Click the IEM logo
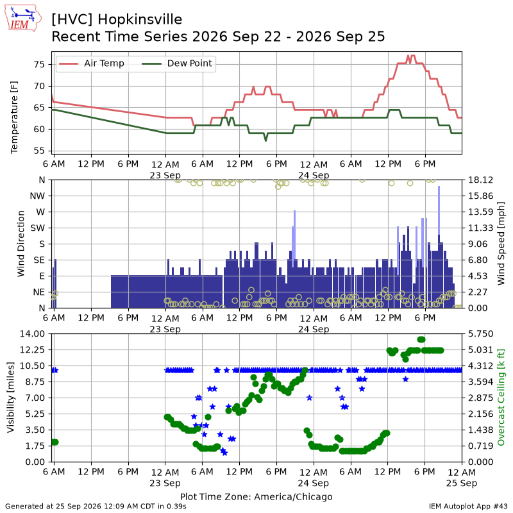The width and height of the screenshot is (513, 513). coord(22,18)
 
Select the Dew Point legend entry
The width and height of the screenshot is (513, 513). coord(177,63)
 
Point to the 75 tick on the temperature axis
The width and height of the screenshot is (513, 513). coord(39,65)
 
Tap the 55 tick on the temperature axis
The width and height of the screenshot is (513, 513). coord(39,151)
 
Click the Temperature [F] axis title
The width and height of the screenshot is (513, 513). coord(14,117)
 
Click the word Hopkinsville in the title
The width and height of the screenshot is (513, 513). coord(140,19)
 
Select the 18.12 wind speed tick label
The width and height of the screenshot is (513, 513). coord(480,180)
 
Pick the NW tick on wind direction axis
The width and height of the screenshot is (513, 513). coord(37,196)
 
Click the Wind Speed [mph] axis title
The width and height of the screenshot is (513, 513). coord(501,244)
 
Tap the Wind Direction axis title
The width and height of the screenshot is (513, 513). coord(21,244)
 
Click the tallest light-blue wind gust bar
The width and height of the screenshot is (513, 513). coord(439,210)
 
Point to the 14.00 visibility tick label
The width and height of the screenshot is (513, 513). coord(32,333)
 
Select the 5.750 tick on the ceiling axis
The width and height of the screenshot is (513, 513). coord(480,333)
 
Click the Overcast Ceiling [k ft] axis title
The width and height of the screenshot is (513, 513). coord(501,397)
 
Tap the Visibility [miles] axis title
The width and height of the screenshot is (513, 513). coord(11,398)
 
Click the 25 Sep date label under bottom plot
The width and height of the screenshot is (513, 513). coord(462,483)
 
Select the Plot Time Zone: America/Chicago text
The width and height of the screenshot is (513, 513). coord(256,496)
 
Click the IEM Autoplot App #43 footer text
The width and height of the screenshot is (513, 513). coord(468,507)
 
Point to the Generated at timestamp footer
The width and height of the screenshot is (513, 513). coord(96,507)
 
